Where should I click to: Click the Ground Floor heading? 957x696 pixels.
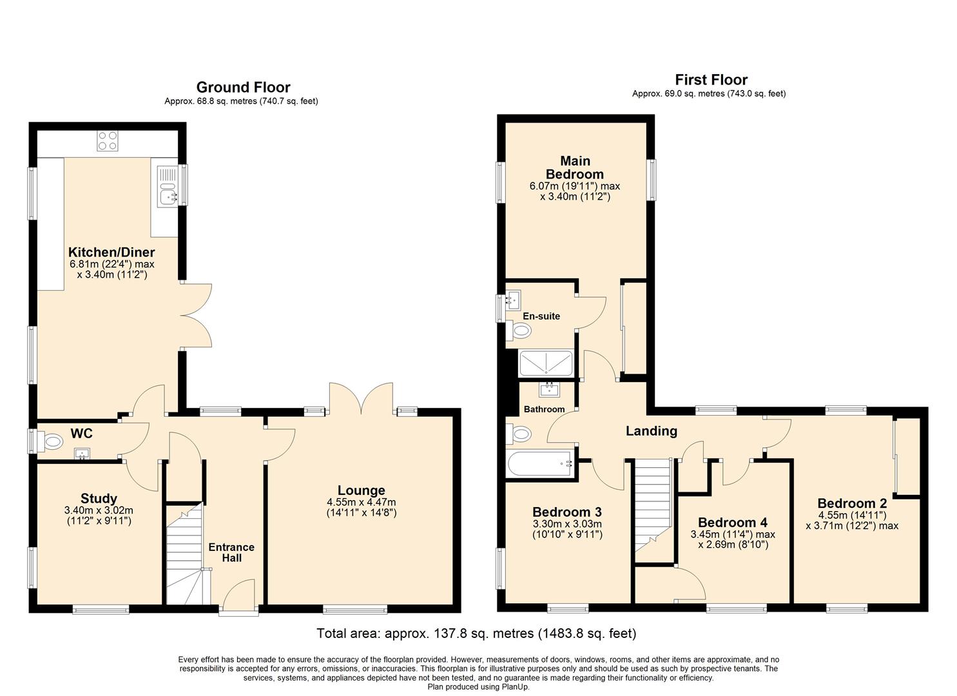pos(243,87)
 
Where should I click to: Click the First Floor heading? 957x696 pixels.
pos(711,80)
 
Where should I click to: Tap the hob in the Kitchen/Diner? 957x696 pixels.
pos(108,140)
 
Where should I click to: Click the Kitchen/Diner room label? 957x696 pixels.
pos(111,252)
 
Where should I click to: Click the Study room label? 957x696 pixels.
pos(99,498)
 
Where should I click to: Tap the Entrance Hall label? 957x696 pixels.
pos(231,552)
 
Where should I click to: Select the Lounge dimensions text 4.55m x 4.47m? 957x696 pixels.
pos(361,502)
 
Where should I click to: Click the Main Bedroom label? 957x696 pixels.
pos(574,167)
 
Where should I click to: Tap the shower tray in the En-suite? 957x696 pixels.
pos(546,363)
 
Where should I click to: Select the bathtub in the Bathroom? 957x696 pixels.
pos(540,463)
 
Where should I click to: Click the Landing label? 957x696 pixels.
pos(652,431)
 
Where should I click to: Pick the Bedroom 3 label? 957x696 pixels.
pos(567,512)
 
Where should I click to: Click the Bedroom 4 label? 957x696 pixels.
pos(733,522)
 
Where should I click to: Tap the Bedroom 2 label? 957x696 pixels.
pos(852,503)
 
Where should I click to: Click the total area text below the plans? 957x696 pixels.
pos(476,633)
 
